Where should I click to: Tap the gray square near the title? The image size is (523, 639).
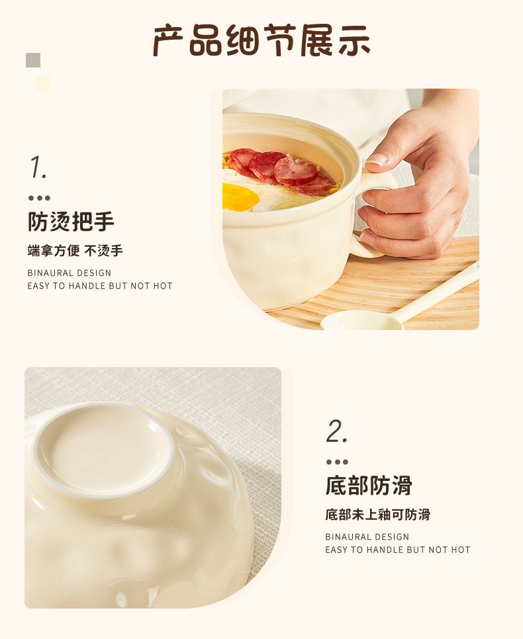(x=33, y=60)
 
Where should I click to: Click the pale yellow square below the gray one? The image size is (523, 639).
(x=43, y=84)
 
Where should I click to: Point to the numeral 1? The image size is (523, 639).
(x=38, y=167)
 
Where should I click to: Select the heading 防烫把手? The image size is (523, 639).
(x=71, y=222)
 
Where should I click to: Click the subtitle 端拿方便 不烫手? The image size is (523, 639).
(x=75, y=251)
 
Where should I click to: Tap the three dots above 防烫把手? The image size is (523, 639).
(x=39, y=198)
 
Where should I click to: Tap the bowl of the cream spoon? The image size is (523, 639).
(x=361, y=320)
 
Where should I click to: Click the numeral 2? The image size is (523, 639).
(x=336, y=431)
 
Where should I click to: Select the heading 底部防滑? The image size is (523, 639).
(x=369, y=486)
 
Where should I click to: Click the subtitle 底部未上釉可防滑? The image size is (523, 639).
(x=378, y=515)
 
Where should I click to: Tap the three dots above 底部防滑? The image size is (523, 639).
(x=337, y=462)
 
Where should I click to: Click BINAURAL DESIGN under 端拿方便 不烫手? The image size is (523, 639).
(x=70, y=273)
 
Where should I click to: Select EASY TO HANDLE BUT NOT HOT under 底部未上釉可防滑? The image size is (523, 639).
(x=398, y=550)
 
